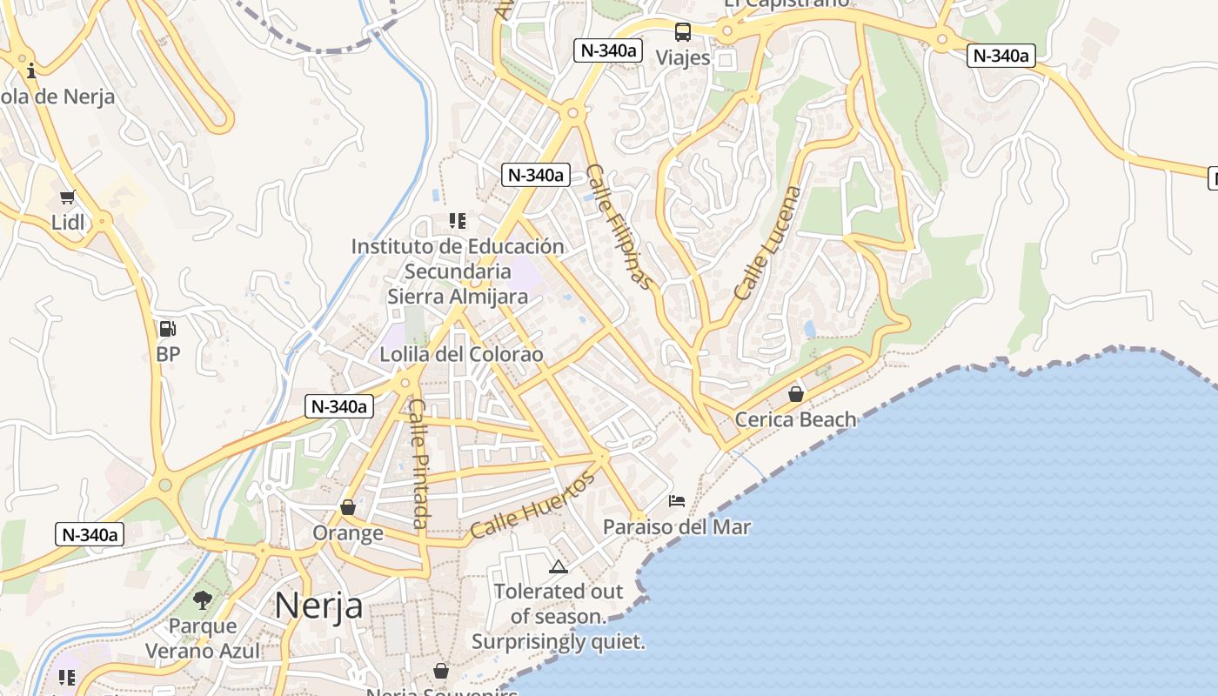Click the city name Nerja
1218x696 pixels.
[318, 606]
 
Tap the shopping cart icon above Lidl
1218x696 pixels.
[68, 197]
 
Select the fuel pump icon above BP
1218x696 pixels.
[167, 329]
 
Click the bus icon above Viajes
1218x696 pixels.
[683, 32]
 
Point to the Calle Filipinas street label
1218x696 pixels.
[619, 226]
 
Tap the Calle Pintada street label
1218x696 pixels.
[419, 463]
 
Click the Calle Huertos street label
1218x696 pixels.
[532, 504]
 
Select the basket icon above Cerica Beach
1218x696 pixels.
[795, 394]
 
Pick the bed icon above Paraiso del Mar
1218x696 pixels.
[677, 500]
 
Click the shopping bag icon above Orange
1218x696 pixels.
[348, 507]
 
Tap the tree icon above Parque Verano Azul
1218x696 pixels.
[203, 599]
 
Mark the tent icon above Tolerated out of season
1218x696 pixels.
[559, 567]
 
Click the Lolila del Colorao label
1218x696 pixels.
[461, 354]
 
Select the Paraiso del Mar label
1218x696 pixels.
[677, 526]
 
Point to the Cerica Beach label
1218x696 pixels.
[795, 419]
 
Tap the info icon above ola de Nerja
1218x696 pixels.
[32, 70]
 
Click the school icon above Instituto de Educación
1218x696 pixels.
[458, 221]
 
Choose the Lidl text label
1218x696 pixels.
[68, 223]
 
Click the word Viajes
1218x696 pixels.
[683, 58]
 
